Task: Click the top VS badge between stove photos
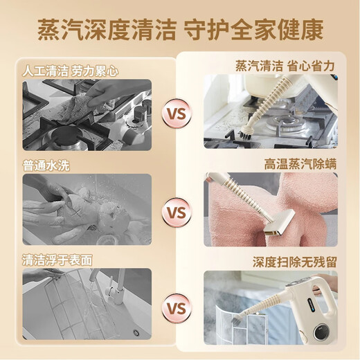coord(177,114)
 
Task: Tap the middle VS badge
coord(177,213)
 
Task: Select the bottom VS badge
coord(177,308)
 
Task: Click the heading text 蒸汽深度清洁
coord(107,30)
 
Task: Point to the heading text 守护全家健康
coord(254,30)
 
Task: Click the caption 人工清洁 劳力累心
coord(70,71)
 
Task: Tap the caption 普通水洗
coord(46,165)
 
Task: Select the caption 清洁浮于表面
coord(57,260)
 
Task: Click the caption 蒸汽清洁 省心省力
coord(285,66)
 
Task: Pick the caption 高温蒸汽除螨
coord(300,164)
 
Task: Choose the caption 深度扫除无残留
coord(294,262)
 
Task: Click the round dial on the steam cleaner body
coord(321,332)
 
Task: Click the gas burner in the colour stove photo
coord(286,123)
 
